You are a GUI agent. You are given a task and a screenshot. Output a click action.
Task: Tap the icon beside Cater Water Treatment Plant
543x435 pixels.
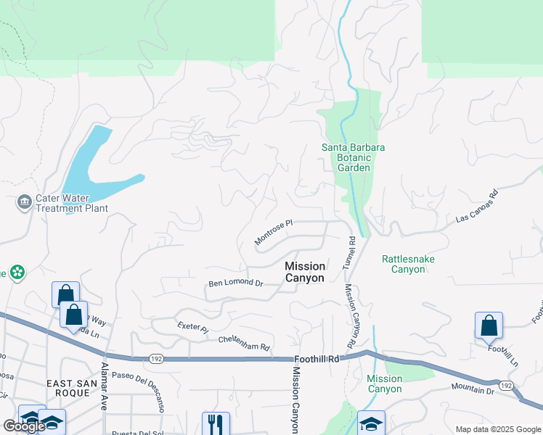(25, 201)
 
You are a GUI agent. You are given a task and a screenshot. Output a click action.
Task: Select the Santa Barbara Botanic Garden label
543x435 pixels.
(354, 157)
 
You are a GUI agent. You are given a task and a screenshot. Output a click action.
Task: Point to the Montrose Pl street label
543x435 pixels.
(273, 233)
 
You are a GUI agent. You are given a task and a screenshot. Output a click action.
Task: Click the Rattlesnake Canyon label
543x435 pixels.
(403, 264)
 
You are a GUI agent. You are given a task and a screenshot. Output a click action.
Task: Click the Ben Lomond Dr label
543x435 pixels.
(235, 283)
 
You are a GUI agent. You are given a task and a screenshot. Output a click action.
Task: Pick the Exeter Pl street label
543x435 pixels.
(193, 328)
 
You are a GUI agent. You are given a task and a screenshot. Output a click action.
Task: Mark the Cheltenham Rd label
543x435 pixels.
(244, 343)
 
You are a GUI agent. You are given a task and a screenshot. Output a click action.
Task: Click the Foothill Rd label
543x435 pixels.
(317, 359)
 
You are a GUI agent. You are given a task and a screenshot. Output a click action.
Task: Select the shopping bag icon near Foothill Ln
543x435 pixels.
(489, 326)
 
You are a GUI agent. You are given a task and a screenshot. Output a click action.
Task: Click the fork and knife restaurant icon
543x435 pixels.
(216, 423)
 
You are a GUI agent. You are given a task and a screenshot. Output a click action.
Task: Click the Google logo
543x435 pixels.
(24, 426)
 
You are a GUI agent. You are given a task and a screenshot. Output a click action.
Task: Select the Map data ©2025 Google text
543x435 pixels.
(497, 429)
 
